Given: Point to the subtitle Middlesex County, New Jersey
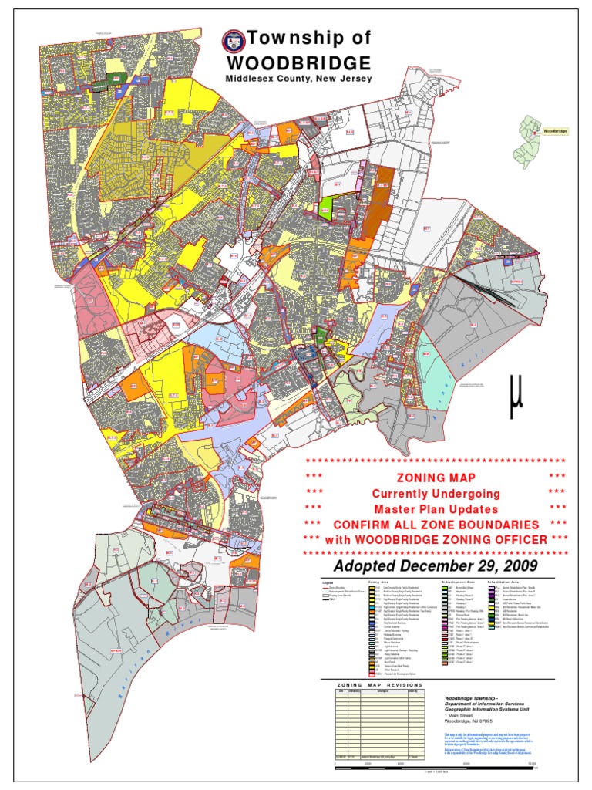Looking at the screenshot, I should pyautogui.click(x=298, y=79).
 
